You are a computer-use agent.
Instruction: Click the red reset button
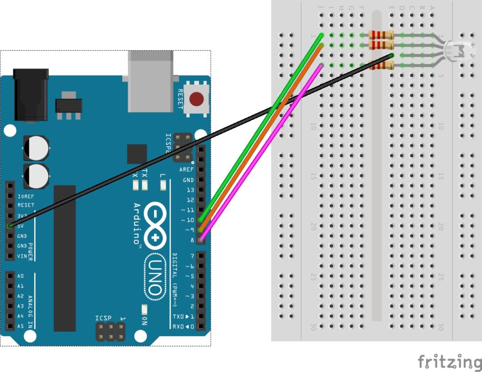click(196, 99)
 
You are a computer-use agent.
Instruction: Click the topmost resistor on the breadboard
click(381, 35)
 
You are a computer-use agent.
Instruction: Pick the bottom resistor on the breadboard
click(381, 65)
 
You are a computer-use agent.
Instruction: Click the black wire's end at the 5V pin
click(10, 226)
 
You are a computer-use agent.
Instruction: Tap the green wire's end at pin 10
click(201, 219)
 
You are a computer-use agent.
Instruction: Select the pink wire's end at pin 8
click(201, 240)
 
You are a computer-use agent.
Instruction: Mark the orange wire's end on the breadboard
click(321, 46)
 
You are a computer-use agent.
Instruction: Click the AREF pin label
click(186, 170)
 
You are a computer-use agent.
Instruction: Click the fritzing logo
click(449, 362)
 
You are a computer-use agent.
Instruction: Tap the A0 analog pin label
click(21, 276)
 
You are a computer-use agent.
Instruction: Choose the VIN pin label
click(22, 256)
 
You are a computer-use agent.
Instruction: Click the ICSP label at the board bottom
click(104, 318)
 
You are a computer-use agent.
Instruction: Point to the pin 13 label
click(190, 190)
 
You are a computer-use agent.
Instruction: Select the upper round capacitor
click(35, 147)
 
